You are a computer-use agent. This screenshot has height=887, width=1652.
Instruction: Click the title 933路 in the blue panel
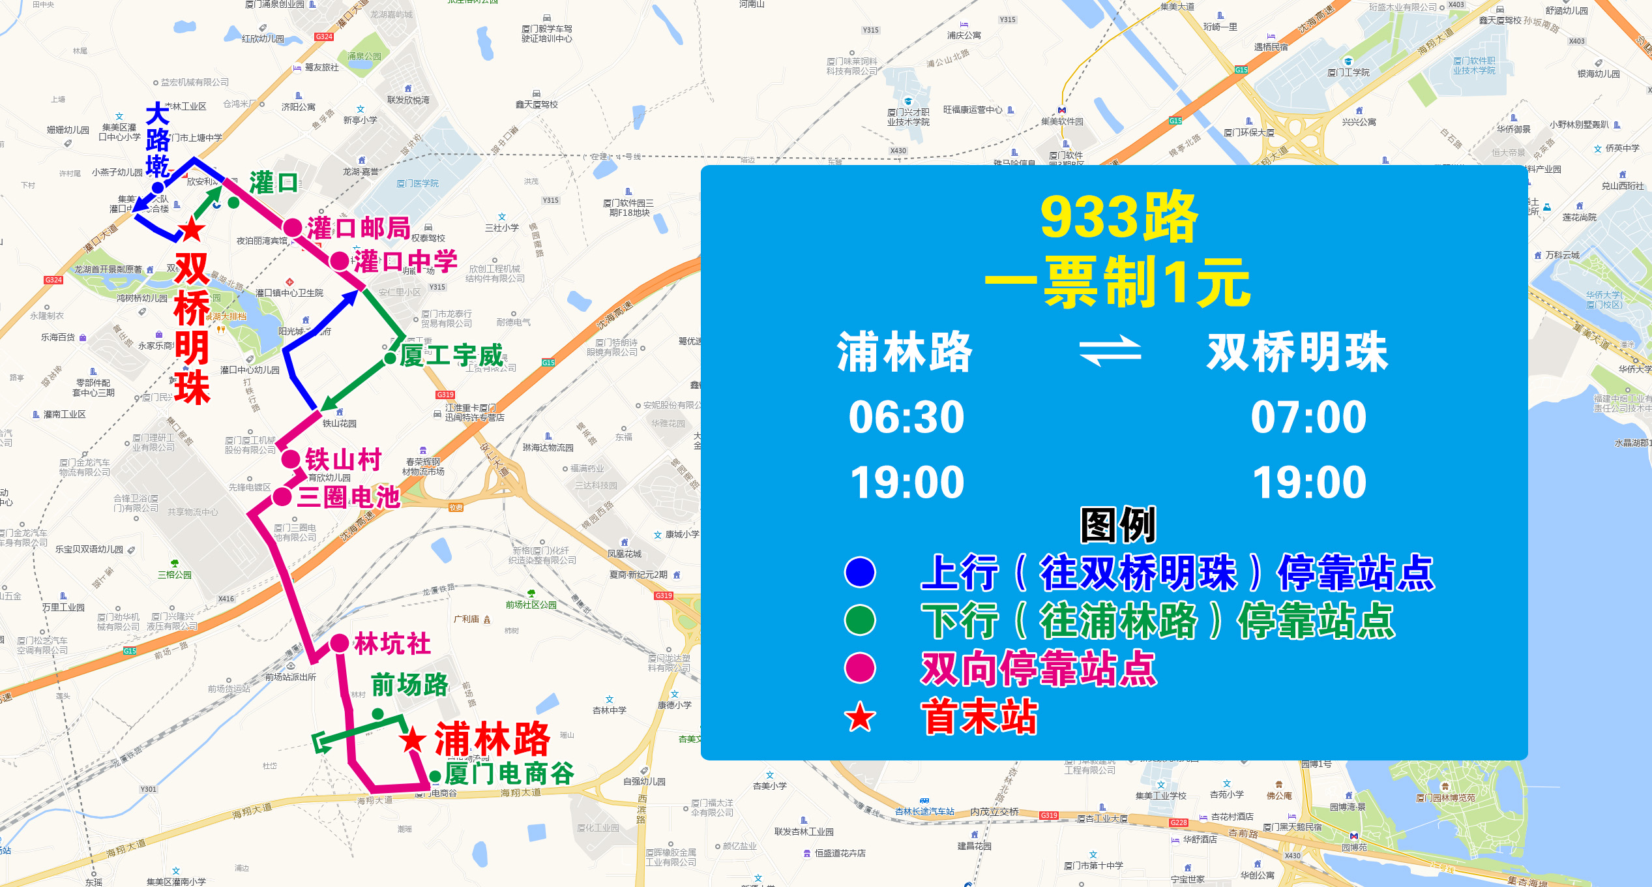point(1118,217)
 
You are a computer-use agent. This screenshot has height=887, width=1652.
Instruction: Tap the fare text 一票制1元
point(1117,282)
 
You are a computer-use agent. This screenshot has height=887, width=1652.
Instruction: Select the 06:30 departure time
point(906,417)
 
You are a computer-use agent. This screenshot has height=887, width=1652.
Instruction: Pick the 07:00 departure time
point(1308,417)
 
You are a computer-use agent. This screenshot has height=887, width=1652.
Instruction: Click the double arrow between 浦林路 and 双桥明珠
point(1110,351)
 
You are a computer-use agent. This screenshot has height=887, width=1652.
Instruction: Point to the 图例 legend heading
point(1118,524)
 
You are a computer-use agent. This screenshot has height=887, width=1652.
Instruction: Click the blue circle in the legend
point(860,573)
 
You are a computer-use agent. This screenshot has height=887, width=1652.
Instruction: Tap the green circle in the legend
point(860,620)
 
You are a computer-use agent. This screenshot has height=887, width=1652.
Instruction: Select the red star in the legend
point(860,717)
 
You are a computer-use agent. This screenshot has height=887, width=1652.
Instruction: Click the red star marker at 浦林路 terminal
point(413,740)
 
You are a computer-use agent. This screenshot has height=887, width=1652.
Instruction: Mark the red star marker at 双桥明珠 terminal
point(192,229)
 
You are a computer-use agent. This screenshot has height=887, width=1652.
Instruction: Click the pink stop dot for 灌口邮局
point(293,228)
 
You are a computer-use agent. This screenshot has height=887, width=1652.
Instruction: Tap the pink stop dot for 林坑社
point(339,643)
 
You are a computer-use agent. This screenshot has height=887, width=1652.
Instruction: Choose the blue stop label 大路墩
point(158,140)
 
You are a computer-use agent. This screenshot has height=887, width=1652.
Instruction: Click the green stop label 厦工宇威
point(451,356)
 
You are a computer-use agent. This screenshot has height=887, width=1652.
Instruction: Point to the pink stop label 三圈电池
point(348,497)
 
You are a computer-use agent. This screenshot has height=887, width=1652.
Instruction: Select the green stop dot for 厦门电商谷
point(435,776)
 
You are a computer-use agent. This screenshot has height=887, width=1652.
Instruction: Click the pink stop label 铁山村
point(343,460)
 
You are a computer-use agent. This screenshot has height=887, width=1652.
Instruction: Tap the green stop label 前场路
point(409,685)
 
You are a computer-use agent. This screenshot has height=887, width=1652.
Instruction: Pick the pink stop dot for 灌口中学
point(339,261)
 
